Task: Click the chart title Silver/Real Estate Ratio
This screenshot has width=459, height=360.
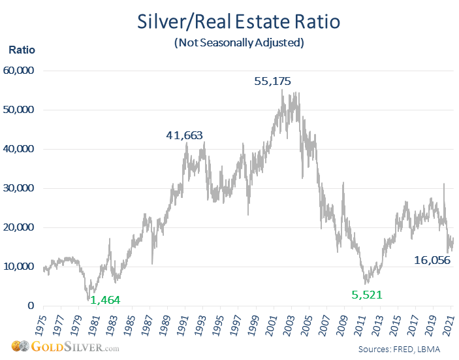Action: pos(238,21)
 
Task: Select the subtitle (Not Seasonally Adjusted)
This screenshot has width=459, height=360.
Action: pos(239,43)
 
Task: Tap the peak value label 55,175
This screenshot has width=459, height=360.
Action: pos(272,81)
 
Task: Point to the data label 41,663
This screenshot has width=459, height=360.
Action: pos(184,135)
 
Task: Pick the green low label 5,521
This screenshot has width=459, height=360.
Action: pos(366,296)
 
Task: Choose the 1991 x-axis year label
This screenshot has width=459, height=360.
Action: pos(186,321)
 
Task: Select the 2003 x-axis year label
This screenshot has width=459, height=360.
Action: pos(294,321)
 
